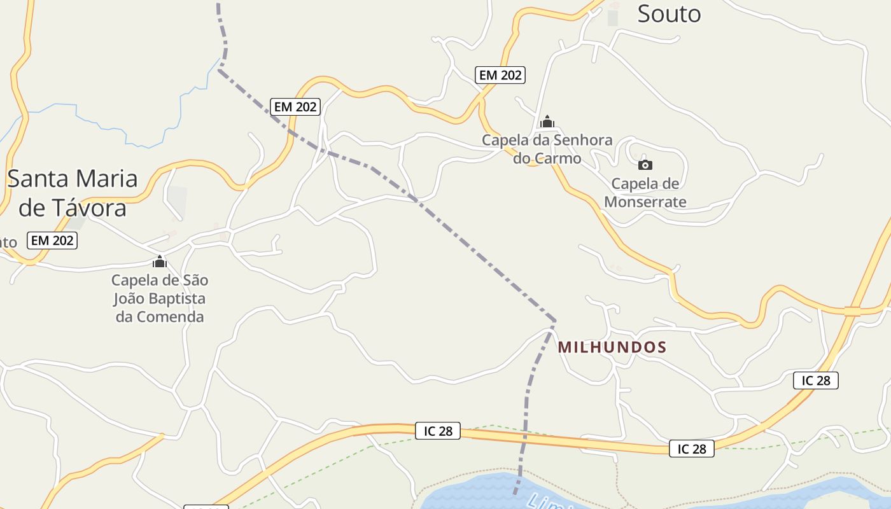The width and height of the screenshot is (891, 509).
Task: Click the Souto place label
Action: [669, 13]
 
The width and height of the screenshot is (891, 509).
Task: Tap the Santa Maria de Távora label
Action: [73, 193]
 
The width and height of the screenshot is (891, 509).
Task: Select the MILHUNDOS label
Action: [612, 347]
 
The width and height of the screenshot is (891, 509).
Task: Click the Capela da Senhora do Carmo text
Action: [547, 149]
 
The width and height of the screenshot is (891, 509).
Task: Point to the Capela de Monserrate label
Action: [645, 193]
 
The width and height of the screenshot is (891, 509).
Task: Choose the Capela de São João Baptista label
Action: [160, 298]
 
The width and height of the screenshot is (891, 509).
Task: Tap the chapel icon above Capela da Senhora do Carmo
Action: [547, 122]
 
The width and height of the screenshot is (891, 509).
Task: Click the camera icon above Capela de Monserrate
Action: [645, 165]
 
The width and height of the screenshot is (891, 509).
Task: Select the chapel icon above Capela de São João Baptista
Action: [160, 261]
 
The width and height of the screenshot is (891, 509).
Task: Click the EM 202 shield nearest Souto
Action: [500, 75]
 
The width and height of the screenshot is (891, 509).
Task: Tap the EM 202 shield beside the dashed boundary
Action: [295, 107]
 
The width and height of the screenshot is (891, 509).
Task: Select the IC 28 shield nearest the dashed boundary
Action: [437, 431]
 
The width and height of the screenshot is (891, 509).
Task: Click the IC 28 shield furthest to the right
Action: [815, 380]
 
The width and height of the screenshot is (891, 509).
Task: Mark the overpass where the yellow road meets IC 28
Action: [852, 311]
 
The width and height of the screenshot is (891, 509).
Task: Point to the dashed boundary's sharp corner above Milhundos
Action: [554, 320]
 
